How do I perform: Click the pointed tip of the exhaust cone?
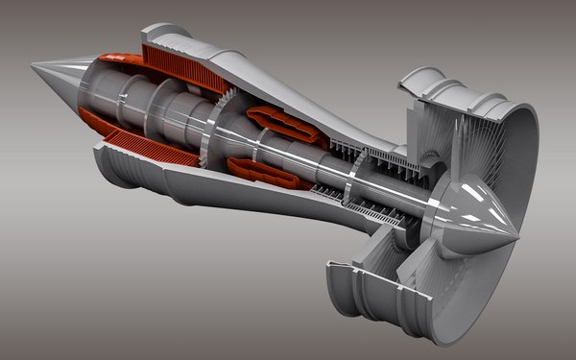coord(34,65)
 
